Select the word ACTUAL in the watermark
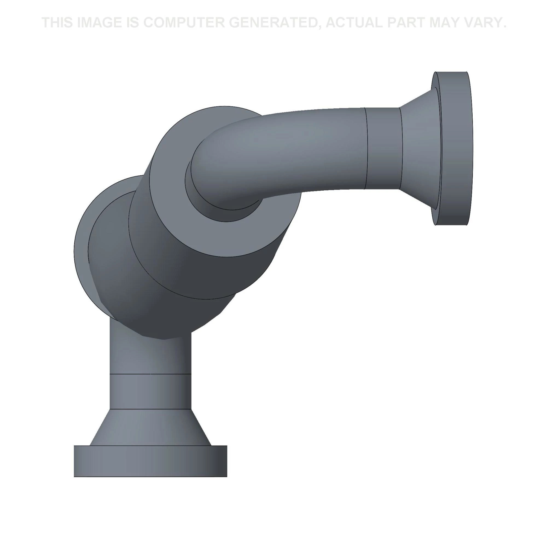point(354,23)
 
